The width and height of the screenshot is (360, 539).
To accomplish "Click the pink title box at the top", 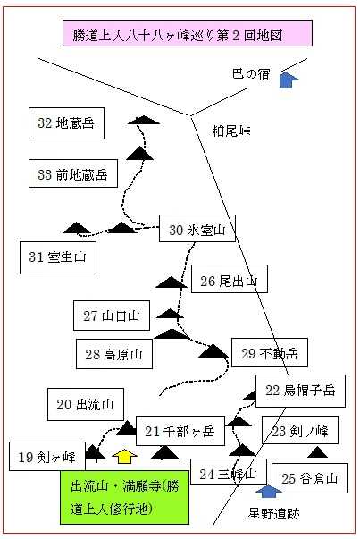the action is click(188, 33).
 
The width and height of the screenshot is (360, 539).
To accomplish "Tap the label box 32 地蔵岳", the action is click(66, 123).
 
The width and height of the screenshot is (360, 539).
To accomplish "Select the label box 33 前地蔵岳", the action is click(73, 173).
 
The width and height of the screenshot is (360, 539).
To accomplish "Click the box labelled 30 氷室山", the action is click(197, 229).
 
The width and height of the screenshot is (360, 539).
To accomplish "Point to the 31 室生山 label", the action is click(58, 257).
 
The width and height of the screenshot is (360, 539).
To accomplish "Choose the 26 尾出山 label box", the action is click(229, 279).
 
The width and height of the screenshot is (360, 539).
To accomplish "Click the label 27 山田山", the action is click(112, 316).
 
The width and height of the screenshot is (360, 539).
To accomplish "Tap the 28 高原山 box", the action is click(114, 354).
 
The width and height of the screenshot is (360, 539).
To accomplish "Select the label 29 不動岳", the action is click(269, 353).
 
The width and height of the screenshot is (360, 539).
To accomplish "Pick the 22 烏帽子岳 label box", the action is click(300, 391).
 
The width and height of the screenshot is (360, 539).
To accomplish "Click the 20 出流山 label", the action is click(86, 404).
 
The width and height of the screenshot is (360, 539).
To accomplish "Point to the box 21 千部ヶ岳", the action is click(180, 431).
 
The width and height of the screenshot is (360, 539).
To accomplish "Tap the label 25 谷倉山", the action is click(310, 478).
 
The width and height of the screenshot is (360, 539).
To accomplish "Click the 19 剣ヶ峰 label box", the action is click(47, 457).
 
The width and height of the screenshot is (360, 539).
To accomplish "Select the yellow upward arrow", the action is click(125, 456).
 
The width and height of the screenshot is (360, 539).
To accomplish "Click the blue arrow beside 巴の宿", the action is click(289, 80).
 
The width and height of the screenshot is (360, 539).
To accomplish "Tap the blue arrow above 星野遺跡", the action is click(269, 492).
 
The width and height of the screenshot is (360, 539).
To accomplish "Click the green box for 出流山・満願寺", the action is click(125, 497).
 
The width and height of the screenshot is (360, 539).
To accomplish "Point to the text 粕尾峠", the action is click(230, 131).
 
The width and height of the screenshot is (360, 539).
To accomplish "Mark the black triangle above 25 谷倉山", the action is click(317, 452).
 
